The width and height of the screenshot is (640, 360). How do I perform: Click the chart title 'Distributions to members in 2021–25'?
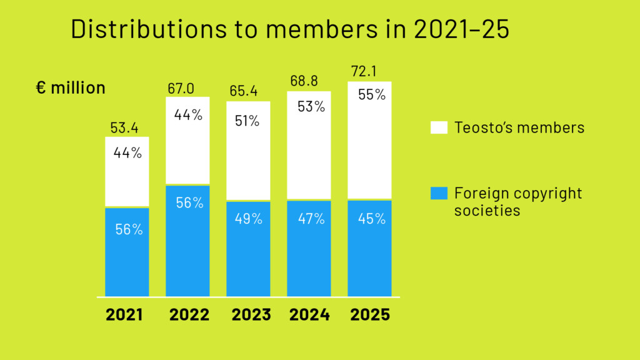290,30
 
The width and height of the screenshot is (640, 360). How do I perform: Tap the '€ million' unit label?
71,88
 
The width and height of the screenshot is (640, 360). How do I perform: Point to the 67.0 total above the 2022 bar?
181,88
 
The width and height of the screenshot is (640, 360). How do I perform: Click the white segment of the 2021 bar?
127,178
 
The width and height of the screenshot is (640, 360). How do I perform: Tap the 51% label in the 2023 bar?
247,121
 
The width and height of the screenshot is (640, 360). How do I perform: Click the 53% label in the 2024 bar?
311,107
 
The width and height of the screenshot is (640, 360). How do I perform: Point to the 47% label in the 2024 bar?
311,219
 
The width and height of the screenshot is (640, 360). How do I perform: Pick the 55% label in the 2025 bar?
372,96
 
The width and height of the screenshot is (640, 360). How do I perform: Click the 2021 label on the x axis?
124,314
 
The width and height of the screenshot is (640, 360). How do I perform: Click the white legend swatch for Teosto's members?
439,127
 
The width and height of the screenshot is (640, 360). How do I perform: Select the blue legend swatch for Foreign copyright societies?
439,193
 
